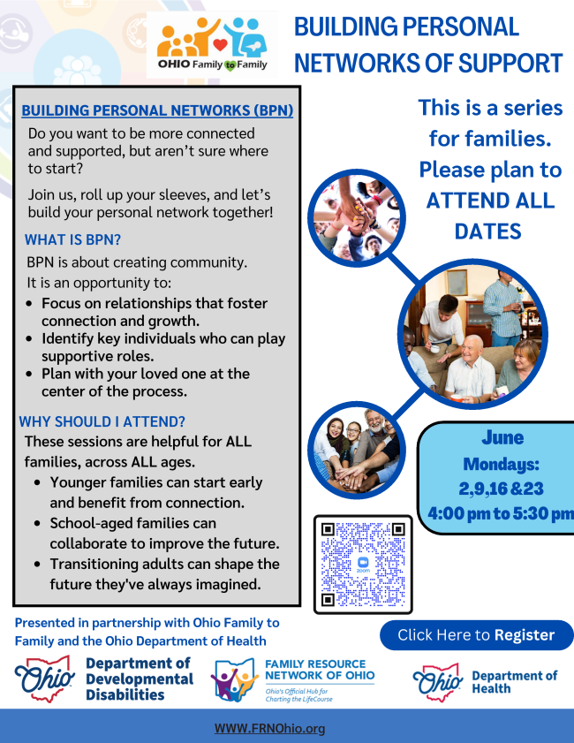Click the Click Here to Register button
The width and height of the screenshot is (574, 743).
[477, 635]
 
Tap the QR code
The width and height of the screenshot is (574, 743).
[363, 565]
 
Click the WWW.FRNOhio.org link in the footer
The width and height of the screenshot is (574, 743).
[270, 728]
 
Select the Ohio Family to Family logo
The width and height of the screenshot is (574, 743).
[212, 44]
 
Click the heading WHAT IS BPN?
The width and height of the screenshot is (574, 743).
[73, 239]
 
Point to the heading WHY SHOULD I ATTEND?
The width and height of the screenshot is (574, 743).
[102, 421]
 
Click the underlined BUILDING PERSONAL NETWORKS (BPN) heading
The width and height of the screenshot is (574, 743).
[157, 110]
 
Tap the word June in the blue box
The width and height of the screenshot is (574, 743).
[502, 437]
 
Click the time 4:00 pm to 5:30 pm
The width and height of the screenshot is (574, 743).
[501, 513]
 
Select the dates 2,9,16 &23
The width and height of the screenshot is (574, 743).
[501, 489]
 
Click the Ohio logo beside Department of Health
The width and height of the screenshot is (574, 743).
[437, 682]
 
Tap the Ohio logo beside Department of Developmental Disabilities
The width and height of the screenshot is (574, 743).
[44, 679]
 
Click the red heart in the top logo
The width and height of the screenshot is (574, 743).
[220, 44]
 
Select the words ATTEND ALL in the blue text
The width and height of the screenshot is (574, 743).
[490, 201]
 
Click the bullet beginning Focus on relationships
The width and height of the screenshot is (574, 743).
[155, 312]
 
